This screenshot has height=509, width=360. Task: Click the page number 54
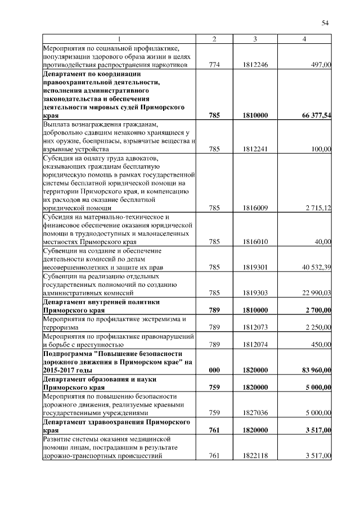pos(325,22)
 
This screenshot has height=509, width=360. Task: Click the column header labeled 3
pos(255,39)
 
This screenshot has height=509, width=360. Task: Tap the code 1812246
pos(255,65)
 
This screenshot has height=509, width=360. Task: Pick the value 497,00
pos(321,65)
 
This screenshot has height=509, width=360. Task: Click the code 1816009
pos(255,208)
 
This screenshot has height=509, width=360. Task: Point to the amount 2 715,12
pos(318,208)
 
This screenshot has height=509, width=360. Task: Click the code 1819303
pos(255,292)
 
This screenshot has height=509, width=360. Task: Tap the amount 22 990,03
pos(317,292)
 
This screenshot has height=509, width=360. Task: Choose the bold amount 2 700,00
pos(318,310)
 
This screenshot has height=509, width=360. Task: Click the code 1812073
pos(255,327)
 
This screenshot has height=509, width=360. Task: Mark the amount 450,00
pos(321,344)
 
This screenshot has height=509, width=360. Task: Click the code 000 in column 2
pos(214,370)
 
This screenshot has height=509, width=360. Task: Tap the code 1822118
pos(255,456)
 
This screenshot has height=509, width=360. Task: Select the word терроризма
pos(60,327)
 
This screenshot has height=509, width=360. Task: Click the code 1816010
pos(255,241)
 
